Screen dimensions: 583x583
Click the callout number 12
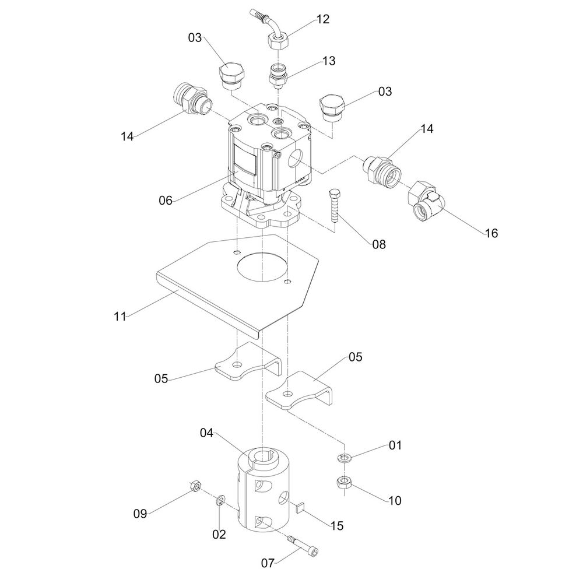coord(323,19)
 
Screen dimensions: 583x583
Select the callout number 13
coord(328,61)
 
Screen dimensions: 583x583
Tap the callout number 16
coord(491,233)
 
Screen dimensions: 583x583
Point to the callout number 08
coord(379,244)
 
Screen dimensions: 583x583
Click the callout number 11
coord(120,317)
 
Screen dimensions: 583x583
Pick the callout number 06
coord(166,201)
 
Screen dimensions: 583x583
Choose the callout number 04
coord(207,433)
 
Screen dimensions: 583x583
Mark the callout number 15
coord(337,526)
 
